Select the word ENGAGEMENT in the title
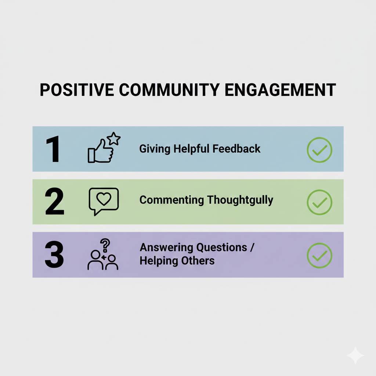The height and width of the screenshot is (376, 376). [x=280, y=90]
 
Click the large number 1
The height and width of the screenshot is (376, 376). [x=54, y=149]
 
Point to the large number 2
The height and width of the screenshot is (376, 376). [x=54, y=202]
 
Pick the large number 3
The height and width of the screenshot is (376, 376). [x=54, y=254]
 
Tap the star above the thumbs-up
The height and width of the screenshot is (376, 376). [x=115, y=139]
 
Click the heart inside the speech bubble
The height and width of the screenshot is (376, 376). [x=104, y=199]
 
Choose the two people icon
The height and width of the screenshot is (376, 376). [x=103, y=261]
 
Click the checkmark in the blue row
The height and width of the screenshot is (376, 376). [x=319, y=150]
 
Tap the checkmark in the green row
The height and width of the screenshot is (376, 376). [x=319, y=202]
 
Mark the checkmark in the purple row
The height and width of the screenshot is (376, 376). [x=319, y=255]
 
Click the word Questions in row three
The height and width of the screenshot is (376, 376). [x=222, y=247]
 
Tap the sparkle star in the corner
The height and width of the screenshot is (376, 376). [x=355, y=355]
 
